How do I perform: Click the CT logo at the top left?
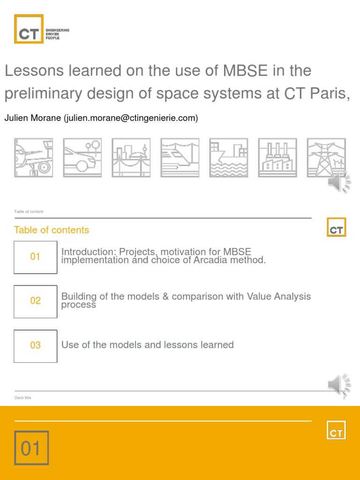tap(29, 29)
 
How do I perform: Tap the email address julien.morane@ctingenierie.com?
tap(131, 118)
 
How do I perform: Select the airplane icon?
tap(33, 157)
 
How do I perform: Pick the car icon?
tap(82, 157)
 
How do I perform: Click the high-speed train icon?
tap(180, 157)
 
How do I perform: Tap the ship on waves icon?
tap(228, 157)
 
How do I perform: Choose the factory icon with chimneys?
tap(277, 157)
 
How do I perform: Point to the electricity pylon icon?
tap(326, 157)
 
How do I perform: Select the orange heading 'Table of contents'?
tap(52, 230)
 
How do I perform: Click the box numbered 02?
tap(36, 301)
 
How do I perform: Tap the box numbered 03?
tap(36, 345)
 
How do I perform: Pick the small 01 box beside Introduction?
tap(36, 257)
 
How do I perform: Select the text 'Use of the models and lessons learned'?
tap(148, 345)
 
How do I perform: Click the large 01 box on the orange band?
tap(31, 448)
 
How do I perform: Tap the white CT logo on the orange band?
tap(336, 429)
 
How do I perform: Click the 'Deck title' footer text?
tap(22, 398)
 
